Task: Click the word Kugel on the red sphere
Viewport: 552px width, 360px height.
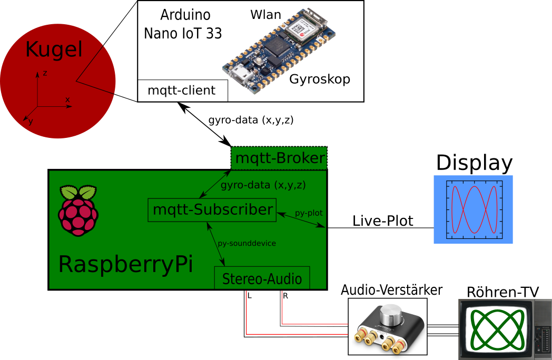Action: click(54, 50)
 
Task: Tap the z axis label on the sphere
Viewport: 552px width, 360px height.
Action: click(45, 73)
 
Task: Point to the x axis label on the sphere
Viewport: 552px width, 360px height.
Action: click(67, 99)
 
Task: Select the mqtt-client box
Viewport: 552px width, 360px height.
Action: click(182, 91)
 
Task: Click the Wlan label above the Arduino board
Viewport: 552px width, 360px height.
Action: click(265, 15)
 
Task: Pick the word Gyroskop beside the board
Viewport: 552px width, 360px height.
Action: click(320, 79)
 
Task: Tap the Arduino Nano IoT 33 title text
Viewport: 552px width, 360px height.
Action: click(183, 24)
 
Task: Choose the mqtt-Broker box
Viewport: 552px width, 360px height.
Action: click(279, 158)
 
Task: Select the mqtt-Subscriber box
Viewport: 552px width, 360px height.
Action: click(212, 209)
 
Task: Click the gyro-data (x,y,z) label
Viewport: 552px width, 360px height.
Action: click(263, 185)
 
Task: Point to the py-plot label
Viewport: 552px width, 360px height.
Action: click(309, 213)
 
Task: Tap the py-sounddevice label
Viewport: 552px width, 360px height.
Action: click(247, 243)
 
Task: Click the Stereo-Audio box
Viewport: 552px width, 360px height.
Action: click(262, 278)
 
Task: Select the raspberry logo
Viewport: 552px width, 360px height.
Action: click(78, 210)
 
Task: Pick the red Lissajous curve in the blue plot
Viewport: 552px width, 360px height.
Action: click(475, 209)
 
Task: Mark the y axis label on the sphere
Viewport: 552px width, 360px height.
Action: click(31, 122)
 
